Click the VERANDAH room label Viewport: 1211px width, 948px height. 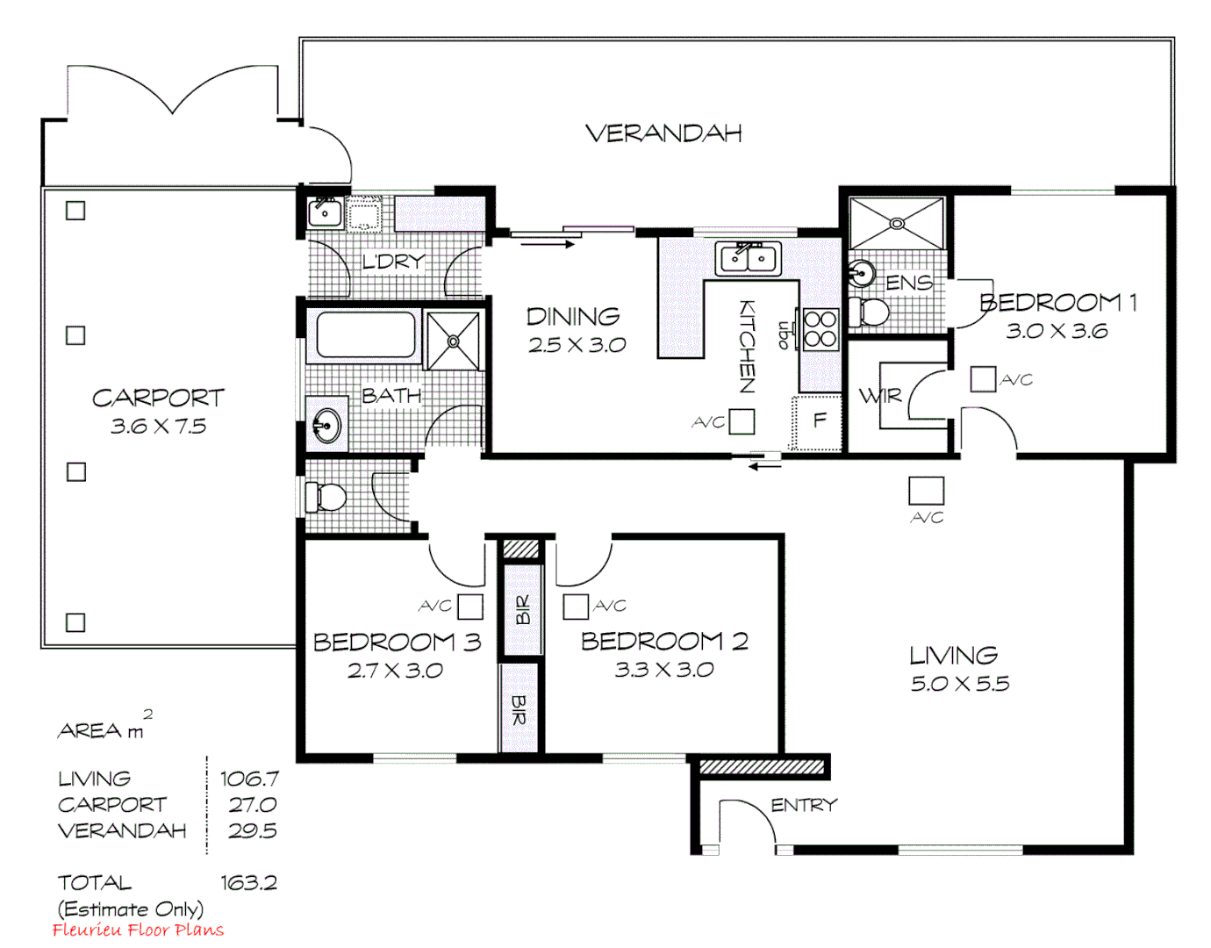(663, 133)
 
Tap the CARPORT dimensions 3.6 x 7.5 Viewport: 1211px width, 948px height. (158, 427)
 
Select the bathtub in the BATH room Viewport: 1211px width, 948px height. (366, 334)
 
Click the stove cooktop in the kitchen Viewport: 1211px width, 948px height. (820, 329)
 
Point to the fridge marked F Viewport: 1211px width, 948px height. (818, 421)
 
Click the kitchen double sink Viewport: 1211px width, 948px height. (748, 259)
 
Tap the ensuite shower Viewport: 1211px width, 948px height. (897, 224)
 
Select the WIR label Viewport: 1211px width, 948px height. (880, 396)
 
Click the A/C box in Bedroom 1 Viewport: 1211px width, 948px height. (983, 379)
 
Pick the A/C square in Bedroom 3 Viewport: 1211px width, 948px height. (470, 607)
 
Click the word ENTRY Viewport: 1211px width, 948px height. (804, 805)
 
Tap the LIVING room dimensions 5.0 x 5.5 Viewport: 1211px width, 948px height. (960, 684)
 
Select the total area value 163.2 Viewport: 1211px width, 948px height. (248, 883)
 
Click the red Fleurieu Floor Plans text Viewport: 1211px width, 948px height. (138, 930)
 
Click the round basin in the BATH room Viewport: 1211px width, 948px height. (326, 427)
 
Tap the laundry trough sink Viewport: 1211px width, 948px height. (324, 212)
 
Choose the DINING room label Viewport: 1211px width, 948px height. (573, 316)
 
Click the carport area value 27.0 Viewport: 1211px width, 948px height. (253, 805)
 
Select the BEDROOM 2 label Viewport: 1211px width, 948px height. (664, 642)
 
